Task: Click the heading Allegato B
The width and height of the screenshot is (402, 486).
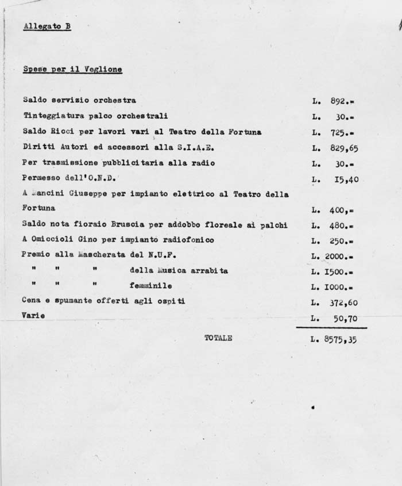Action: coord(47,26)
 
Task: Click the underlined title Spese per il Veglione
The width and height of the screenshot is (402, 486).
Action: coord(72,70)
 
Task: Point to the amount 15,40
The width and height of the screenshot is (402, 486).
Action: coord(346,179)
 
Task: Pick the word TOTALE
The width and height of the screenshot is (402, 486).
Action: coord(218,338)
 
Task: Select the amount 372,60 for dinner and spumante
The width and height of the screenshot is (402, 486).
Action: coord(344,301)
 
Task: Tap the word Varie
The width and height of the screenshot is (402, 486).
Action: coord(33,316)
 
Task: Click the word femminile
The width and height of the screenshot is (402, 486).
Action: coord(151,285)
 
